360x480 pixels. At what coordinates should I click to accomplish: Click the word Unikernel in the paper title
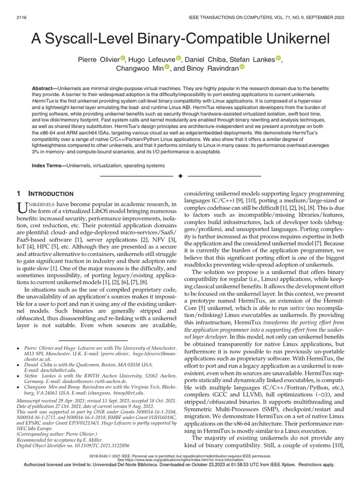coord(282,39)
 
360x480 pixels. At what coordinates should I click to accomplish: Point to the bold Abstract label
coord(46,89)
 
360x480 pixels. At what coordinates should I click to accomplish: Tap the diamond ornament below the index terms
coord(180,176)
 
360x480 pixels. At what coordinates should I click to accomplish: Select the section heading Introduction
coord(52,194)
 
